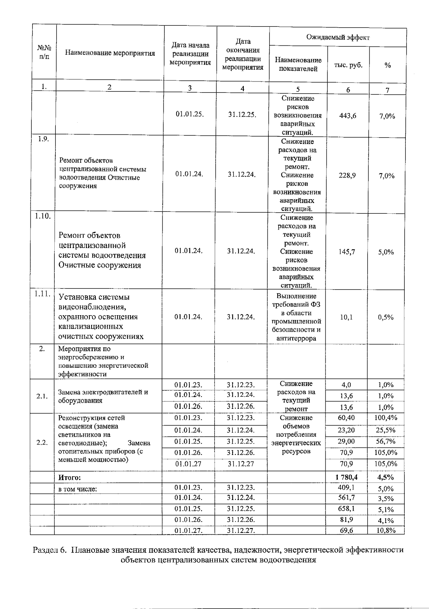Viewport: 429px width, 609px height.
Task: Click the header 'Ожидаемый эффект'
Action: pos(338,38)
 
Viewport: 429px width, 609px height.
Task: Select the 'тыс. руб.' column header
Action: pos(348,65)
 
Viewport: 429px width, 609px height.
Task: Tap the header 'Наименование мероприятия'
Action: pos(110,54)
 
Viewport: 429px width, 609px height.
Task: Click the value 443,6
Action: pos(347,116)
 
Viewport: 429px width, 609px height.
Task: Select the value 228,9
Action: pos(347,175)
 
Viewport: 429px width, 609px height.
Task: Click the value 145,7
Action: pos(347,252)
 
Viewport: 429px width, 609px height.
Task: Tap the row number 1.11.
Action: pos(43,293)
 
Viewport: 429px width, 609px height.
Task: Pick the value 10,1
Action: pos(346,317)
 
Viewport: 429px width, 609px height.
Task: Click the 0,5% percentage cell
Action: pos(386,317)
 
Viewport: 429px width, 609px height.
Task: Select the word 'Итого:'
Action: pos(70,477)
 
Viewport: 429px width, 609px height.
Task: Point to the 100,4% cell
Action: pos(386,418)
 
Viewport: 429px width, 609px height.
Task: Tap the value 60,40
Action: pos(346,418)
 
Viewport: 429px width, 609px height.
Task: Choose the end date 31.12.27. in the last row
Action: pos(241,530)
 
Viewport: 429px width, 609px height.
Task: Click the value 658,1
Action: pos(346,509)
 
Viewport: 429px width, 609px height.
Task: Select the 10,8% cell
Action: pos(386,530)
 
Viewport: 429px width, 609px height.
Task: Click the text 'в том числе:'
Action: pos(78,489)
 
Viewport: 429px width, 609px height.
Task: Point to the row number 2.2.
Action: pos(42,442)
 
